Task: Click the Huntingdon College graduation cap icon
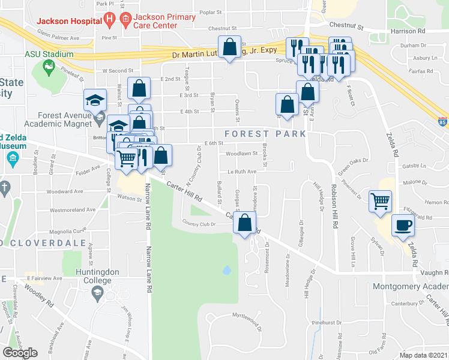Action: [x=97, y=293]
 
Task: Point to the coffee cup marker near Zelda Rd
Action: [x=402, y=226]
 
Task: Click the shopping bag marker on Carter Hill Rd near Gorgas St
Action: [x=244, y=224]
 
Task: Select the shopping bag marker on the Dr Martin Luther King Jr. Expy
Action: [x=230, y=47]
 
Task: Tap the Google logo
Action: [x=20, y=353]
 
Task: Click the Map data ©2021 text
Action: [x=423, y=355]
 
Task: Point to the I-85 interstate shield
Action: [x=442, y=121]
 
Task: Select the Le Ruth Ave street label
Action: [x=241, y=171]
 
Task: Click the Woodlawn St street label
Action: [x=241, y=153]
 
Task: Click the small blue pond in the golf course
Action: [x=226, y=270]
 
